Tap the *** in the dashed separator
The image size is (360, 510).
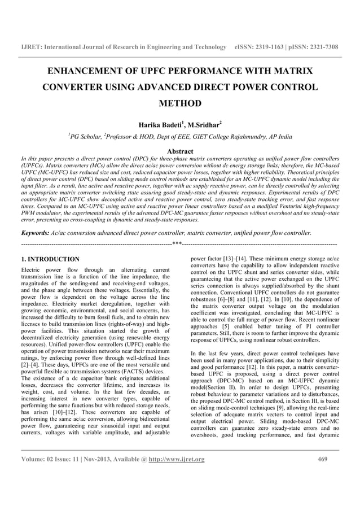[x=177, y=244]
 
